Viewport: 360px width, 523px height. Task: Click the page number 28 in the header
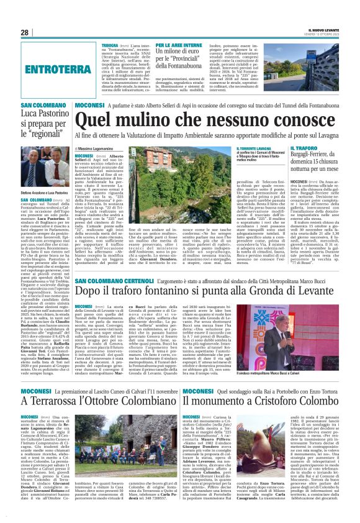(25, 32)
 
